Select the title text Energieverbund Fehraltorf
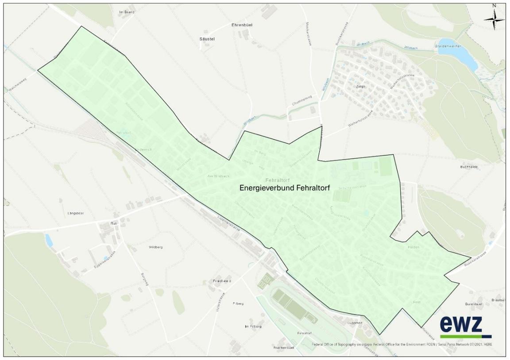click(x=285, y=188)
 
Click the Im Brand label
click(x=126, y=12)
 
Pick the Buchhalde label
click(x=468, y=167)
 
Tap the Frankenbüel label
click(x=285, y=348)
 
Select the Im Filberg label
click(x=253, y=326)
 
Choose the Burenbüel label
click(x=473, y=304)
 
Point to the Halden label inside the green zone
click(x=414, y=247)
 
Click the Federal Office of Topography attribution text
click(x=398, y=344)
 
